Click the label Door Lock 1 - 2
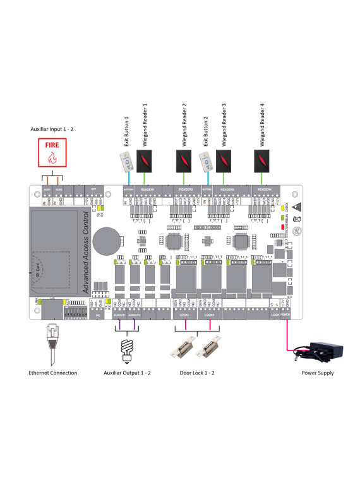197,373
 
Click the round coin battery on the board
105,240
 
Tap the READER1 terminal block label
147,189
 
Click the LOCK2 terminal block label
210,314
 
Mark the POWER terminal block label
285,314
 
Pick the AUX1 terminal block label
47,189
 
